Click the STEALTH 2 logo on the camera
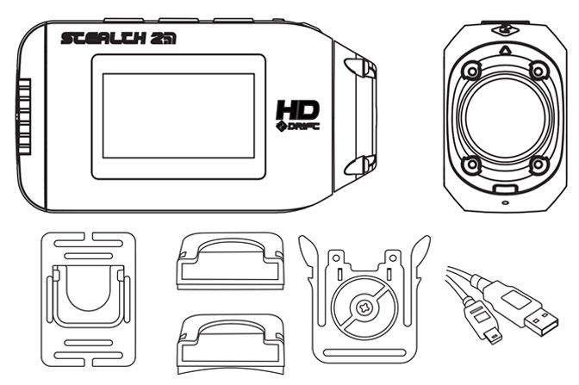tap(119, 39)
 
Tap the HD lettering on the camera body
tap(297, 109)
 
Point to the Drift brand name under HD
tap(297, 126)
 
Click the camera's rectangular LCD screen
tap(178, 116)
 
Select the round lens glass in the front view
tap(504, 116)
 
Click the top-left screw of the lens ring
tap(471, 70)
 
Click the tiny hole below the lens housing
tap(505, 202)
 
